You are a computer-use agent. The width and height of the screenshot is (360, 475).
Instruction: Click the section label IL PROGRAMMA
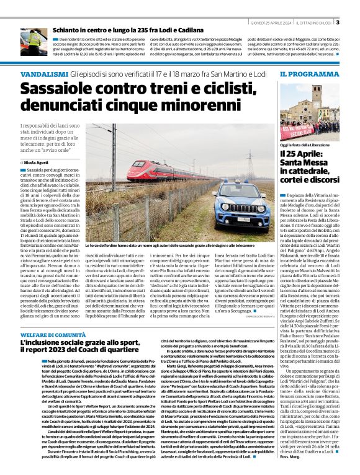click(304, 74)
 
